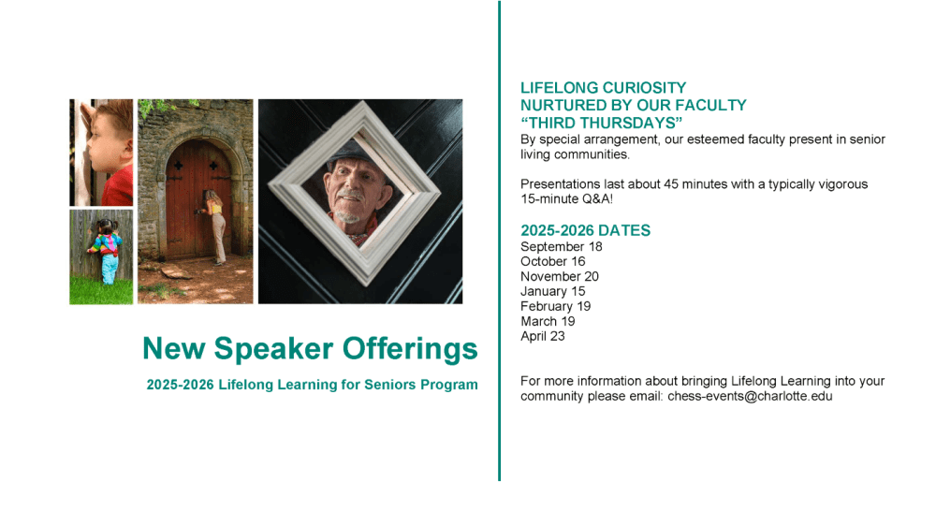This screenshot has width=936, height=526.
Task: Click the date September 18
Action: click(561, 246)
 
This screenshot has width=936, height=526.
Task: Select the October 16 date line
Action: click(553, 261)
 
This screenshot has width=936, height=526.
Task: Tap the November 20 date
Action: click(560, 276)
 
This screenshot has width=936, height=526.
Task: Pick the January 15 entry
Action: click(553, 291)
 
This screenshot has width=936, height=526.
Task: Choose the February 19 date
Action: click(556, 306)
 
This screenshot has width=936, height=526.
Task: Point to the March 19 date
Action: click(548, 321)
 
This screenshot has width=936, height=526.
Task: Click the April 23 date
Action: click(543, 336)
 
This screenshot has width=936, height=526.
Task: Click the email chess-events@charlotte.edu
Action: click(750, 396)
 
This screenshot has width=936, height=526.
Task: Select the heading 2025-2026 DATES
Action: click(586, 230)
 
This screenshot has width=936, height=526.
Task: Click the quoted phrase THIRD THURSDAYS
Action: click(601, 123)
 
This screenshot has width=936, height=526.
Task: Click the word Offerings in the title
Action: click(410, 349)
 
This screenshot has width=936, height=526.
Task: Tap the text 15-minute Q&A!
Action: click(566, 198)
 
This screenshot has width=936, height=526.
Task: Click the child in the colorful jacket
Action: click(106, 251)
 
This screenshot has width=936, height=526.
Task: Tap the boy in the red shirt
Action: click(108, 153)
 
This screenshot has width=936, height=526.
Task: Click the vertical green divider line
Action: click(499, 241)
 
